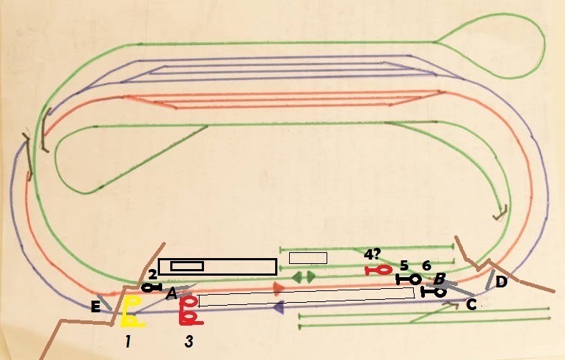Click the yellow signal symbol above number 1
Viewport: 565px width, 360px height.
coord(131,312)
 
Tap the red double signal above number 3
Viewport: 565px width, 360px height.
coord(190,310)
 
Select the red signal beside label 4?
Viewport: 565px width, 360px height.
coord(379,271)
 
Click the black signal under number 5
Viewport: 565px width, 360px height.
coord(409,279)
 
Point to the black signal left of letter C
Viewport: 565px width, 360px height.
coord(434,292)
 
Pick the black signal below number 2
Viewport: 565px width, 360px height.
coord(151,287)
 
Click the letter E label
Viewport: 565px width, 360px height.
coord(95,307)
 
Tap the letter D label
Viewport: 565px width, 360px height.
coord(501,282)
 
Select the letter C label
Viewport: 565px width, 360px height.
coord(471,304)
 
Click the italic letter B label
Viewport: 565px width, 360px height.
coord(439,279)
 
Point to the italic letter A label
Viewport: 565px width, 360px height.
coord(171,293)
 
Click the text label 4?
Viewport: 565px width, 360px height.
coord(373,255)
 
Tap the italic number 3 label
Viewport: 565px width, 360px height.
coord(189,341)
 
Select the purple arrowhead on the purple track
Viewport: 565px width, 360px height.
coord(278,309)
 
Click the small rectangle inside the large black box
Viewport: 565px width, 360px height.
coord(187,265)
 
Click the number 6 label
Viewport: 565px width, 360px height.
coord(426,265)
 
